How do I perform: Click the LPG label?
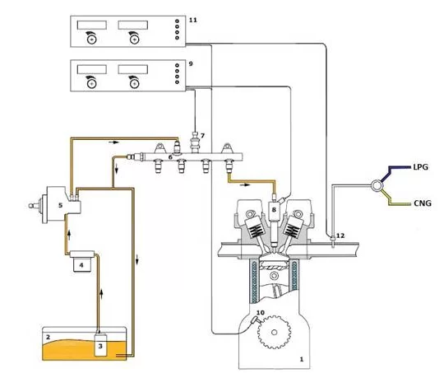421,167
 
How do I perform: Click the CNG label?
423,203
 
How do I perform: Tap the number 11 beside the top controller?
193,20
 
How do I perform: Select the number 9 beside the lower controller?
191,63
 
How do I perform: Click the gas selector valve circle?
377,185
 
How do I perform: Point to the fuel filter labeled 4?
81,261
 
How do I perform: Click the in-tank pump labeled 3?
100,344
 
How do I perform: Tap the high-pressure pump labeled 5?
61,205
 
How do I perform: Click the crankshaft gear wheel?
274,333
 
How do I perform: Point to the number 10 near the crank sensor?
260,312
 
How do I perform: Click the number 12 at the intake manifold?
340,235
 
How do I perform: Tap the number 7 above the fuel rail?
202,136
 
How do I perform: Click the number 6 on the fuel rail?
170,157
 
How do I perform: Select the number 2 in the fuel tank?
48,337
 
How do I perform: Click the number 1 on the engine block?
302,359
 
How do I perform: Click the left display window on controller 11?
92,25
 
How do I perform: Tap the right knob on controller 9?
135,83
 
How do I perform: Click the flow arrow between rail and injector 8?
245,184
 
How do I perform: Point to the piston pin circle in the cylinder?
274,275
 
